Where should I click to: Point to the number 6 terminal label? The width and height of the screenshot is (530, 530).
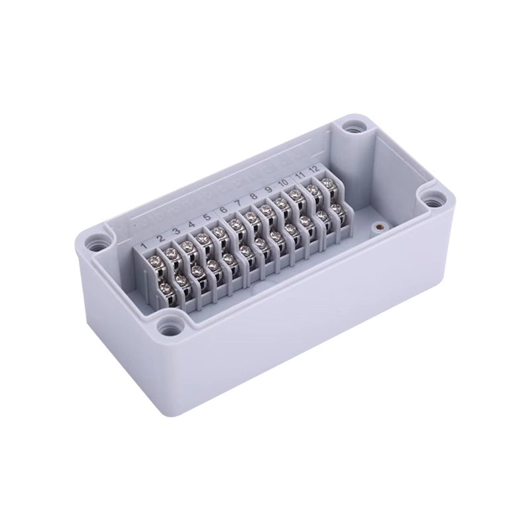pos(224,209)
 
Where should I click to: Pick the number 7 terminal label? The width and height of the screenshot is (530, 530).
pos(237,204)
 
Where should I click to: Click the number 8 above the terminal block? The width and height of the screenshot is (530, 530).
pos(252,197)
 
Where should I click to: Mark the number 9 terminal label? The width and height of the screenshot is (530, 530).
pos(268,190)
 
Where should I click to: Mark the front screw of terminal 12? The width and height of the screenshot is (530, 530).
pos(338,209)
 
